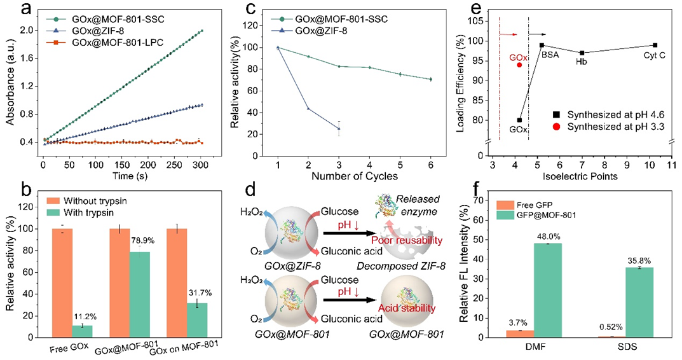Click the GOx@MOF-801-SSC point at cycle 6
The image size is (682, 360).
tap(431, 79)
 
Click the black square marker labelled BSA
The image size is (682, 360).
tap(542, 45)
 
